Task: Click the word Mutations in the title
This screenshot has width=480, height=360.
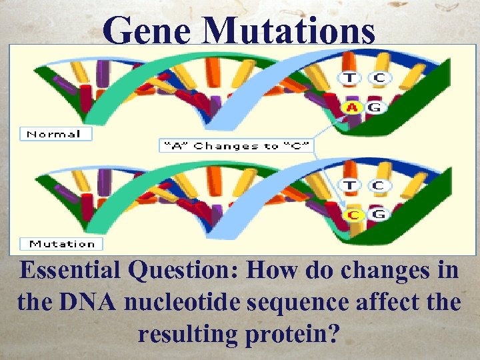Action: pyautogui.click(x=289, y=31)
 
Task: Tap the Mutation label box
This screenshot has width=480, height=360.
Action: pyautogui.click(x=62, y=244)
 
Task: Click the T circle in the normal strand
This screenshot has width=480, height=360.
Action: pyautogui.click(x=349, y=78)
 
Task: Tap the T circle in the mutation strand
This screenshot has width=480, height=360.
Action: pyautogui.click(x=349, y=185)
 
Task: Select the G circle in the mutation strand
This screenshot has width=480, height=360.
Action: pyautogui.click(x=378, y=215)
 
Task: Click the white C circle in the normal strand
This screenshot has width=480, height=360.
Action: pyautogui.click(x=379, y=78)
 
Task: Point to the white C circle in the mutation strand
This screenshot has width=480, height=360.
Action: pyautogui.click(x=378, y=185)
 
